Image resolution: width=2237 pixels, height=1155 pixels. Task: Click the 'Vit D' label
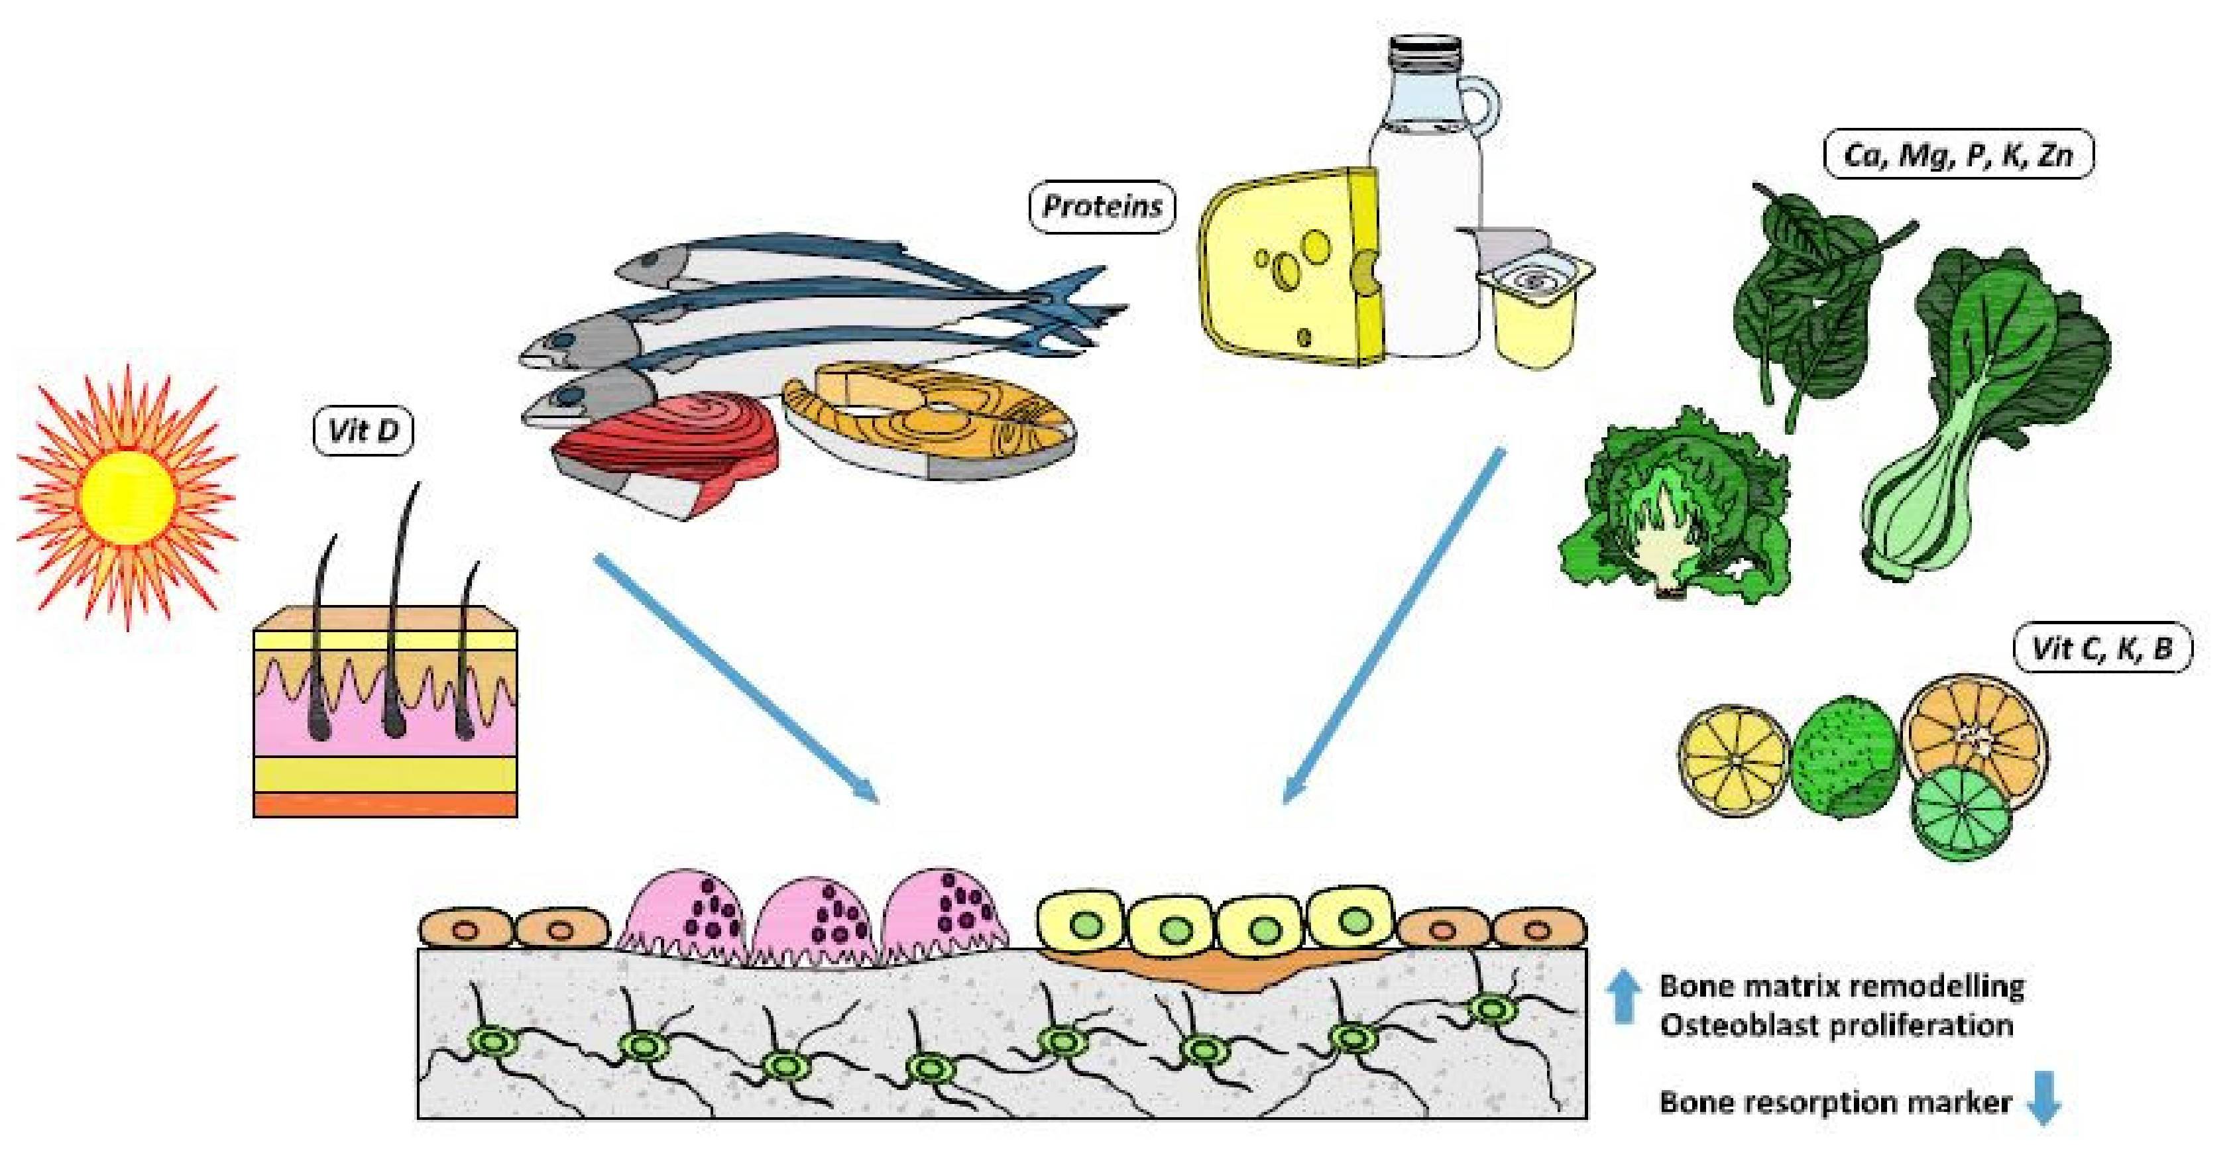tap(363, 431)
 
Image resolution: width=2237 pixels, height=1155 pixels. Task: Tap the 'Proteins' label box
tap(1101, 207)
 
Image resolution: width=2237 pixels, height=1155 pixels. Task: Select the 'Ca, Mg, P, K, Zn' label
tap(1957, 156)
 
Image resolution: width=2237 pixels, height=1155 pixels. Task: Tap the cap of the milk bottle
tap(1424, 52)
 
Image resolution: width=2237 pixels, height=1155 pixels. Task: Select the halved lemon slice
tap(1733, 760)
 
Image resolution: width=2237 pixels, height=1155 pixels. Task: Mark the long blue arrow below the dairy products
tap(1394, 626)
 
